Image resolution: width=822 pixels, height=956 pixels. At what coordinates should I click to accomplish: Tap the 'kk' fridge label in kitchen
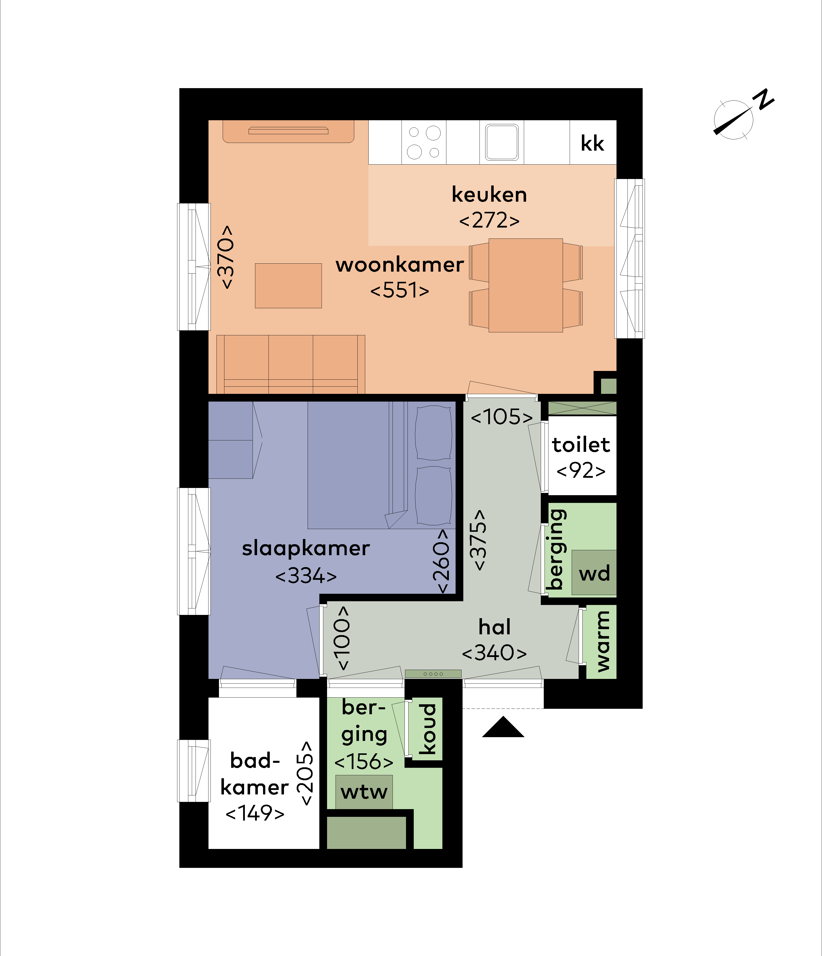[592, 143]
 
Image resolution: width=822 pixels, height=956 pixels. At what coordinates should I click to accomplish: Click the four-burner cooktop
[424, 142]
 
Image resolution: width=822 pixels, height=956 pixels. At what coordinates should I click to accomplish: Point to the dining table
[526, 285]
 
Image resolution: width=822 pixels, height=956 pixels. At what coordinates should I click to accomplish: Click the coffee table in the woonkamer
[288, 286]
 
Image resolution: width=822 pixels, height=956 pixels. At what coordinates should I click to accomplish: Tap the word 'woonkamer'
[400, 265]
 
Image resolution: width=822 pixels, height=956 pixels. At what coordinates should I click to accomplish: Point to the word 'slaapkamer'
[306, 549]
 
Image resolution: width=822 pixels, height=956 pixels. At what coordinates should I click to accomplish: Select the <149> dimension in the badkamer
[255, 813]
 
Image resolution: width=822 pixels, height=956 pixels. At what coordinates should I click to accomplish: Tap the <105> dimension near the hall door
[502, 417]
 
